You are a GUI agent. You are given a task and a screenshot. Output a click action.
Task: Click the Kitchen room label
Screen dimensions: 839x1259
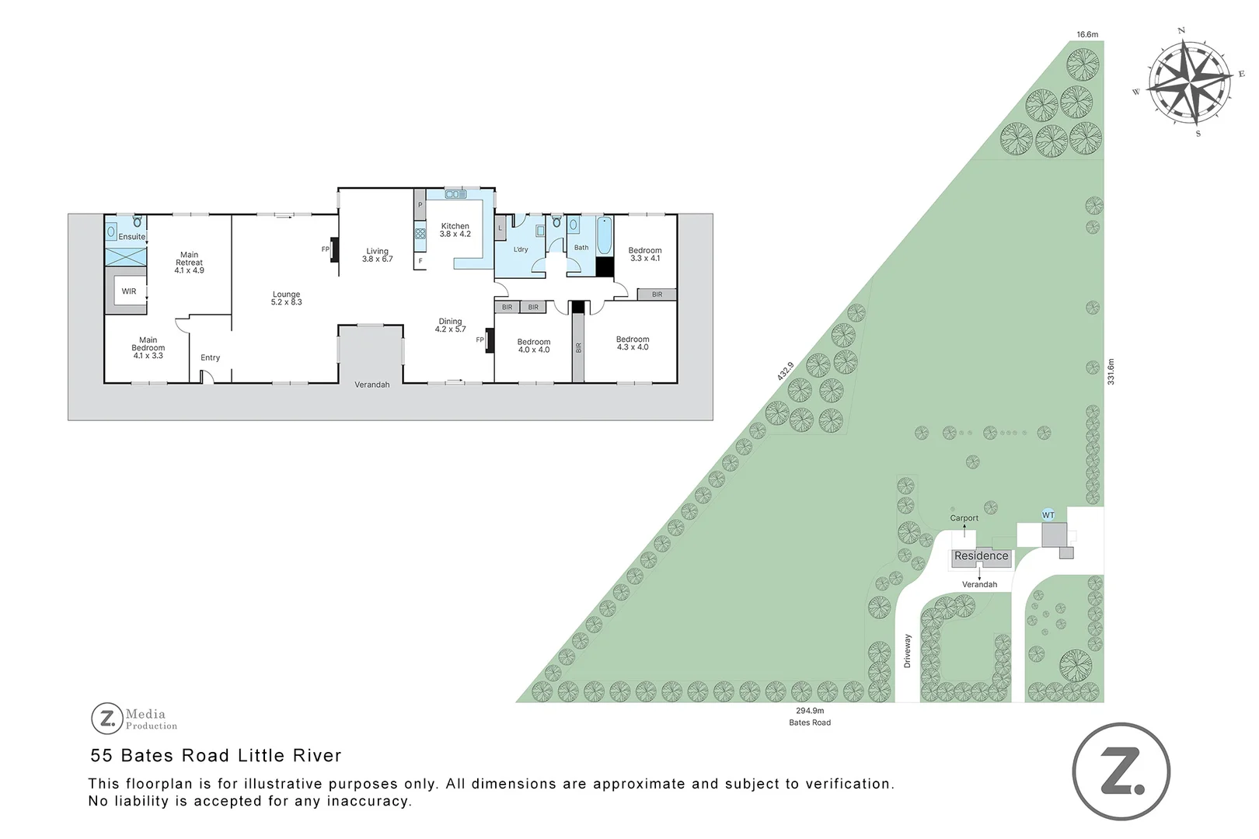(x=455, y=226)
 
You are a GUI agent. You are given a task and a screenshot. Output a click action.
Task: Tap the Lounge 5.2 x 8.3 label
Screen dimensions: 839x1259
(x=286, y=298)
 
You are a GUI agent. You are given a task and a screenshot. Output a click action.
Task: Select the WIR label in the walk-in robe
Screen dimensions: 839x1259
(x=129, y=291)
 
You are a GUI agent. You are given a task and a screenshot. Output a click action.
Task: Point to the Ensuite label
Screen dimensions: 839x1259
(x=131, y=237)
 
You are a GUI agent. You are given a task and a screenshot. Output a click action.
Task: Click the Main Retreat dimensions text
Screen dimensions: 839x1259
(x=189, y=270)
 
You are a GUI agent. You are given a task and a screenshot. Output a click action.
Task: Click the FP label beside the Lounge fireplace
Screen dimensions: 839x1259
(x=326, y=249)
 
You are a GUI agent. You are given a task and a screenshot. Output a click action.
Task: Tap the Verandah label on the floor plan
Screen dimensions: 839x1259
(x=371, y=385)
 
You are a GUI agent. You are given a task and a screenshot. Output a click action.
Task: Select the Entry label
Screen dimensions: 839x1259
(x=210, y=357)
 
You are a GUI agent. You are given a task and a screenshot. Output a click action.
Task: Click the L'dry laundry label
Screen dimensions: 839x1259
(x=521, y=249)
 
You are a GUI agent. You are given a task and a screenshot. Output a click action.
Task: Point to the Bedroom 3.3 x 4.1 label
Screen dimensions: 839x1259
(x=645, y=254)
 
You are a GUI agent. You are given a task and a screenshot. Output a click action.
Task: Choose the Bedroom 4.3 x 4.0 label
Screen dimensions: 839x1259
(x=633, y=343)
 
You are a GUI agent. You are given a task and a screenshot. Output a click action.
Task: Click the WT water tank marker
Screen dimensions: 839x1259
(x=1048, y=515)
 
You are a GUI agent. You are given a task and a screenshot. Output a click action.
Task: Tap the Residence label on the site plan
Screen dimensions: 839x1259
(x=981, y=556)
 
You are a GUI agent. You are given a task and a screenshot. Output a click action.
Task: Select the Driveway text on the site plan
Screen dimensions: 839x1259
(x=907, y=651)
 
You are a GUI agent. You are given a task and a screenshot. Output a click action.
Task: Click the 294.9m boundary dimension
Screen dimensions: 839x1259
(x=810, y=710)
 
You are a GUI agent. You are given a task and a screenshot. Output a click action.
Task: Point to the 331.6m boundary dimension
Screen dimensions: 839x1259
(x=1111, y=371)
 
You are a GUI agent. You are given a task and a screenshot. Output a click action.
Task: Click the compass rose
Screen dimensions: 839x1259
(x=1189, y=79)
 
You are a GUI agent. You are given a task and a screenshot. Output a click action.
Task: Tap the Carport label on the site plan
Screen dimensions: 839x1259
(x=964, y=518)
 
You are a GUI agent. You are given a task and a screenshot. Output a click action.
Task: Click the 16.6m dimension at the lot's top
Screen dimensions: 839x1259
(x=1087, y=34)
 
